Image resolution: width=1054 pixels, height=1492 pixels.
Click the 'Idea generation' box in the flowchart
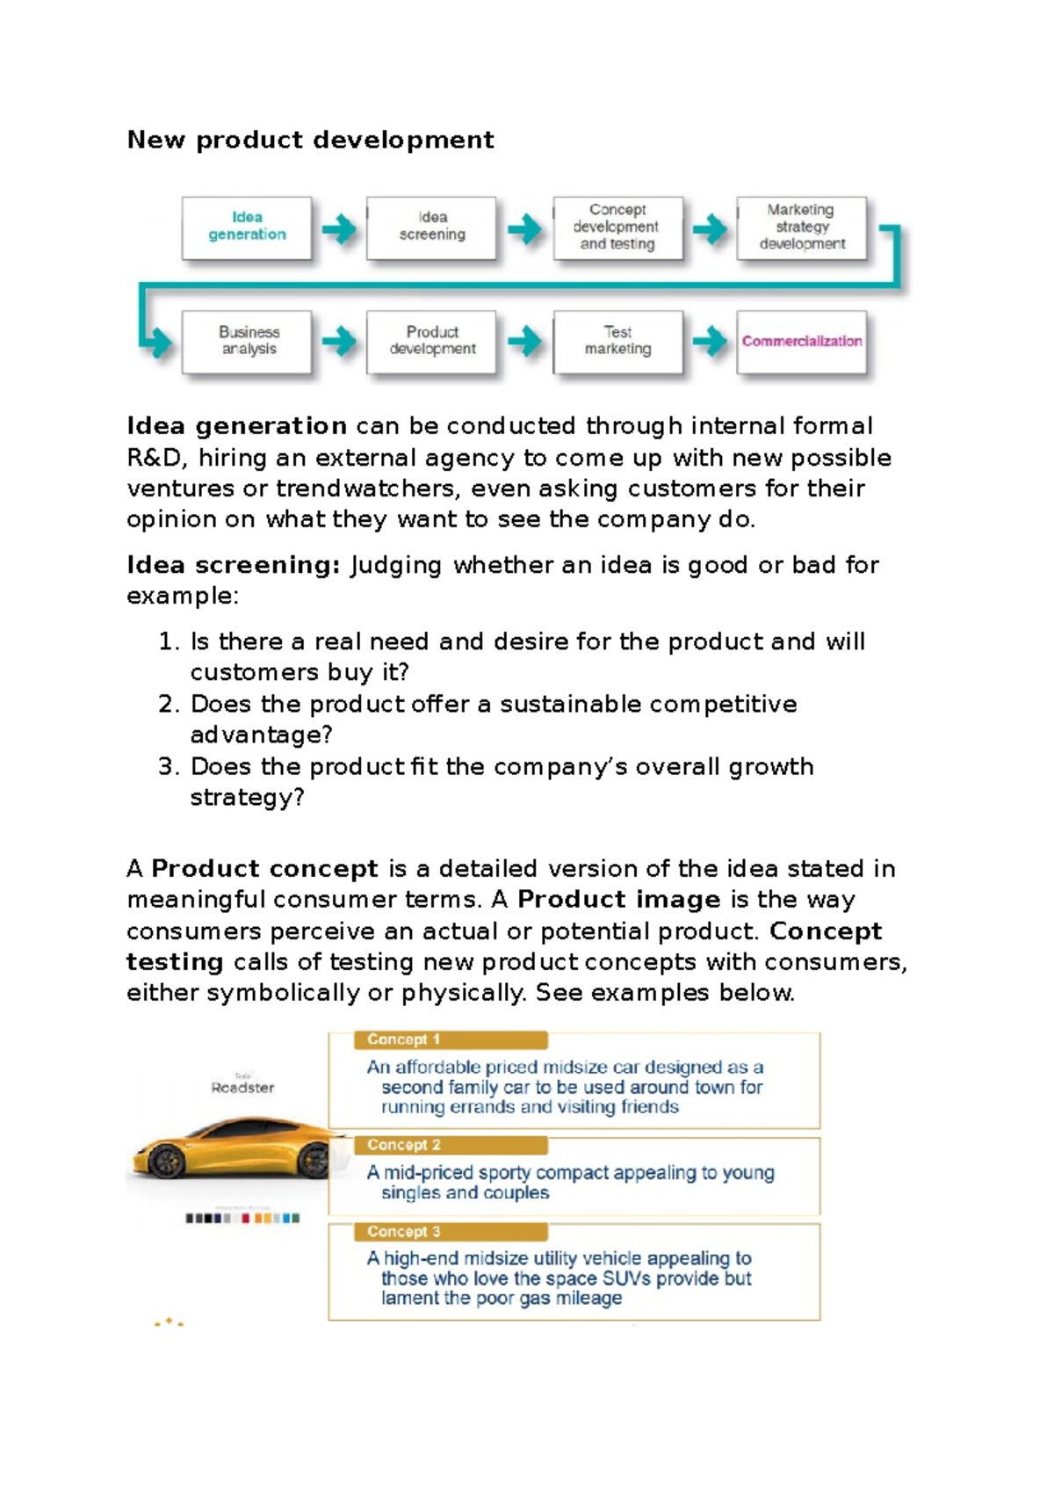[x=247, y=227]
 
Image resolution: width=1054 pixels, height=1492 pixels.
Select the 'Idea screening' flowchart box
[x=431, y=227]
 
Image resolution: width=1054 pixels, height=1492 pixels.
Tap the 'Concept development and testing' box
[x=617, y=227]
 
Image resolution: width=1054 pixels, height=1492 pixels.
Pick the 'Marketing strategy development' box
[x=801, y=227]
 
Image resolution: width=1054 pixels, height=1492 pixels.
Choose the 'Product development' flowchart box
[x=431, y=341]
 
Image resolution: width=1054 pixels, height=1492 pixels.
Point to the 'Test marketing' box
[x=617, y=341]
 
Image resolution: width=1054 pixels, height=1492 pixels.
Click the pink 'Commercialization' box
[x=801, y=341]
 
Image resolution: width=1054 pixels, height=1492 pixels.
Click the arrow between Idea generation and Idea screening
[x=339, y=229]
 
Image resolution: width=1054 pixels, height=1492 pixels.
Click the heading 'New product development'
[x=310, y=140]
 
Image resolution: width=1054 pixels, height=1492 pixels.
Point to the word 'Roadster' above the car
[x=242, y=1088]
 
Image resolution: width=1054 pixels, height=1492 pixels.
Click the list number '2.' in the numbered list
[x=169, y=705]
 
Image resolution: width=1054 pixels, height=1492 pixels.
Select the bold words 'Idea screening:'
[x=233, y=565]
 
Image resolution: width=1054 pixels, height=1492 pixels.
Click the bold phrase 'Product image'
[x=618, y=900]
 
